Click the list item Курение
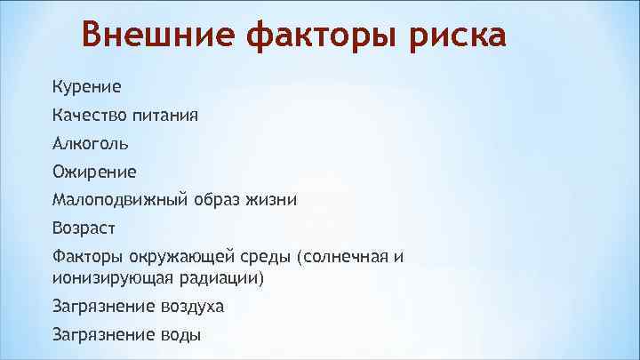86,87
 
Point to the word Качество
89,116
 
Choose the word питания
165,116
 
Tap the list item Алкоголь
90,143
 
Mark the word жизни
271,200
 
